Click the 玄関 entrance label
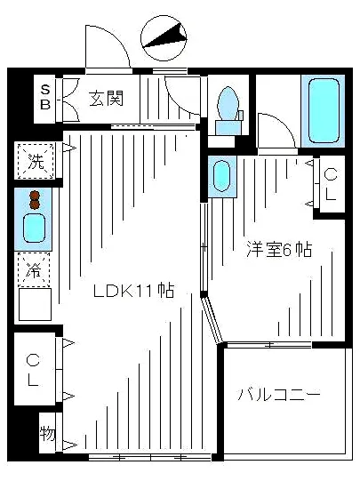coord(105,98)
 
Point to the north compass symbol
coord(165,36)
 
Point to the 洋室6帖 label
coord(278,250)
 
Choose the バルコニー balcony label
coord(279,395)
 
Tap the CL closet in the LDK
coord(34,369)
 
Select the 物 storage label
coord(46,434)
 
